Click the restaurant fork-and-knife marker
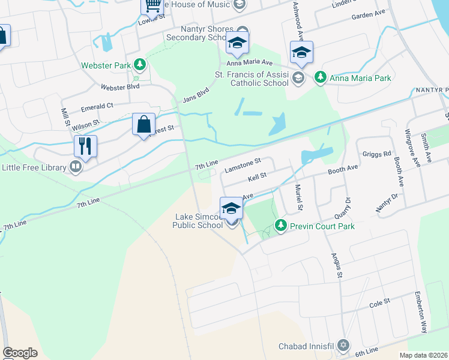click(x=85, y=146)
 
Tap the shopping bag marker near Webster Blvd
click(x=144, y=125)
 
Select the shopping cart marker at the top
click(x=152, y=5)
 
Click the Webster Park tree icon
click(x=139, y=63)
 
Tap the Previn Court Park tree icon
click(x=280, y=226)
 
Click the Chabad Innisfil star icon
click(x=343, y=346)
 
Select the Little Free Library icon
click(x=76, y=167)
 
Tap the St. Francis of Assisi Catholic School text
click(x=252, y=79)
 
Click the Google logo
click(x=20, y=353)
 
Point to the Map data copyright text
click(x=423, y=355)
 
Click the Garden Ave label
click(x=369, y=13)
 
